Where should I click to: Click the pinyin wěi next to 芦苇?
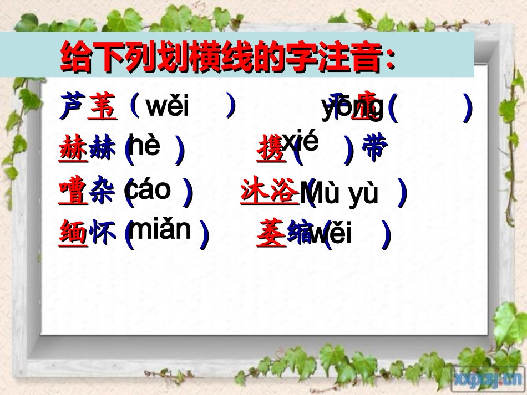coord(168,106)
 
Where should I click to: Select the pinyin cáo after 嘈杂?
coord(149,190)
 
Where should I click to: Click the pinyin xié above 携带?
coord(300,142)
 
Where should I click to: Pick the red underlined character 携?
coord(271,150)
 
